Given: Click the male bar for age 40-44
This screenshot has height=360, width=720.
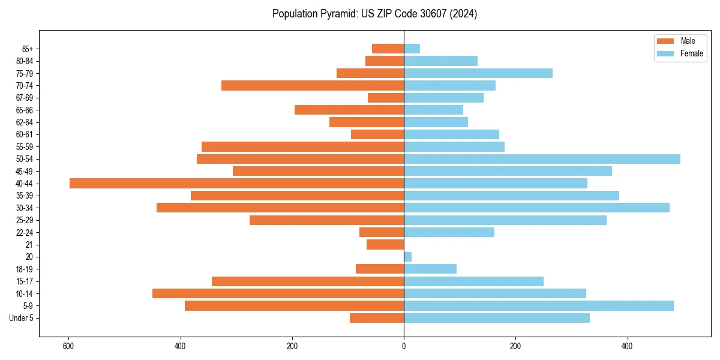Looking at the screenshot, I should coord(236,183).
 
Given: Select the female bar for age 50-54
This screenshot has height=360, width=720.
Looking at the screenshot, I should coord(542,159).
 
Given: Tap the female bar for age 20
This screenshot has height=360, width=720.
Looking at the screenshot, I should coord(407,257).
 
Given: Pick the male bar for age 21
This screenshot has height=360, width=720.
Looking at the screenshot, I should coord(385,245).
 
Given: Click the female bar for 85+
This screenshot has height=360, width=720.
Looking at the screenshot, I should coord(412,49).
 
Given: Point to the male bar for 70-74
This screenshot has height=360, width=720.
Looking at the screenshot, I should coord(313,85).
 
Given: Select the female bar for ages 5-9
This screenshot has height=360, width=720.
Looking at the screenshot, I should coord(538,305).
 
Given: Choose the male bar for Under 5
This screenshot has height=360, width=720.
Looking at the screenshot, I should coord(377,318).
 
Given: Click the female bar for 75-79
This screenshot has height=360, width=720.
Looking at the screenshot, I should coord(478,73).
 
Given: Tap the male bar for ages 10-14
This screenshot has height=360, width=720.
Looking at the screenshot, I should coord(278,293).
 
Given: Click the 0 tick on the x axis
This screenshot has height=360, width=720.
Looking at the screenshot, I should coord(404,346).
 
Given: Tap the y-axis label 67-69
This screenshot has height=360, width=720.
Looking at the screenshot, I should coord(25,98).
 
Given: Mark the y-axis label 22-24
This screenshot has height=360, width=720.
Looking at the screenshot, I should coord(25,232).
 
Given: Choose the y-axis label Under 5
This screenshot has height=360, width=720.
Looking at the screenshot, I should coord(22,318).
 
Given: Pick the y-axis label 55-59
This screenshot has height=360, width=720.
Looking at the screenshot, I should coord(25,147).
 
